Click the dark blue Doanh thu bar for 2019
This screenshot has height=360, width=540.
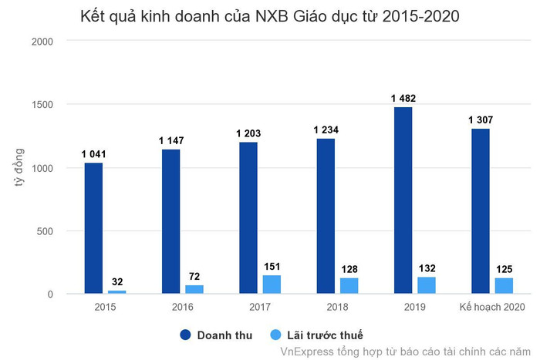(x=403, y=200)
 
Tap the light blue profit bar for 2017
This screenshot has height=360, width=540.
(x=272, y=284)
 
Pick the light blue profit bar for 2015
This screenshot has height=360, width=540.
(x=116, y=292)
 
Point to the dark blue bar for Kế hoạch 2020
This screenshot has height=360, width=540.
(x=480, y=211)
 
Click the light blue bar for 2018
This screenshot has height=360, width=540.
(x=349, y=286)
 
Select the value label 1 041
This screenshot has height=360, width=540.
(x=93, y=154)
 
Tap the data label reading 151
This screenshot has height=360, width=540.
(x=272, y=267)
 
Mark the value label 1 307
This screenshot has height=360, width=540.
(x=480, y=119)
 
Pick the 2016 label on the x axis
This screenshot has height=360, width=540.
(x=182, y=308)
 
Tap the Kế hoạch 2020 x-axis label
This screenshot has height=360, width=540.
(x=491, y=308)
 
